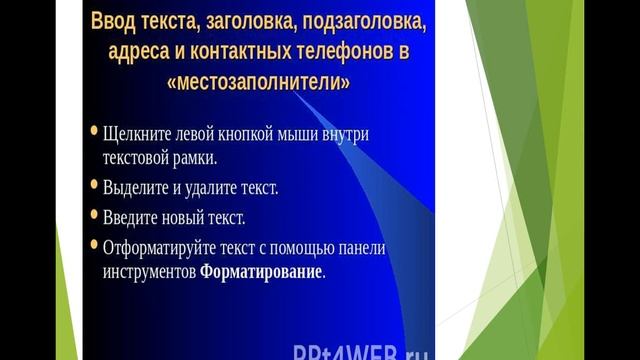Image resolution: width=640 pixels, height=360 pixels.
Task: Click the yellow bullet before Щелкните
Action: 93,131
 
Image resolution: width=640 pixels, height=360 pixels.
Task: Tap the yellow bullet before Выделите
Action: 93,185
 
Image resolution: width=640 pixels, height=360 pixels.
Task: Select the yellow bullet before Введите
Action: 93,214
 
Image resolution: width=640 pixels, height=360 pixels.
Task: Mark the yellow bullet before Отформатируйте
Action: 93,244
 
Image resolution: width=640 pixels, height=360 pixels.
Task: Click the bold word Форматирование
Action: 262,272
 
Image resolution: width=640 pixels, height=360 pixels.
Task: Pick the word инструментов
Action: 148,272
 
